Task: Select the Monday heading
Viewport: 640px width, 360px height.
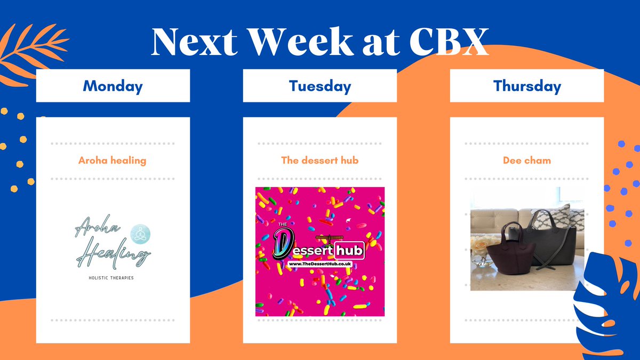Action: (113, 86)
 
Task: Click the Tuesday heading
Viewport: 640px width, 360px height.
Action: (319, 86)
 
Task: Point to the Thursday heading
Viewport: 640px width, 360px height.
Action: (527, 86)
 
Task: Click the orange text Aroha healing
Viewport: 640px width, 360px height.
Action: (112, 160)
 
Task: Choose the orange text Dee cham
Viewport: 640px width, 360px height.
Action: (526, 160)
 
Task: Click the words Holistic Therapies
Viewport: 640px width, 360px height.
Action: (113, 278)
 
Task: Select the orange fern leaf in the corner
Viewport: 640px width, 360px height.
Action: (29, 51)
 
